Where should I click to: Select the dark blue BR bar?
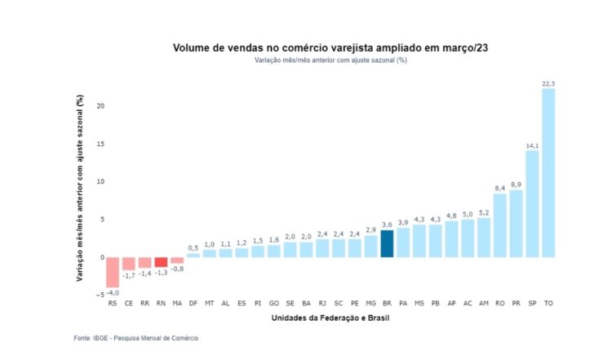click(x=387, y=243)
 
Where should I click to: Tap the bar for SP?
click(x=532, y=203)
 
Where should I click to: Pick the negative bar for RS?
click(x=113, y=272)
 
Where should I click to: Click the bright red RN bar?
click(x=161, y=262)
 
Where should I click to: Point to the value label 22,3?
click(x=548, y=83)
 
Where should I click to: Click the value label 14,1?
click(x=532, y=144)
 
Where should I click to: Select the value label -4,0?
click(x=113, y=292)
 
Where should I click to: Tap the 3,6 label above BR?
click(x=387, y=224)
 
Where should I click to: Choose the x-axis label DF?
click(x=193, y=304)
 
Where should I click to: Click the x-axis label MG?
click(x=370, y=304)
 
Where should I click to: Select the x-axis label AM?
click(x=483, y=304)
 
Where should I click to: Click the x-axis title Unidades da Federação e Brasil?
click(x=330, y=318)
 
